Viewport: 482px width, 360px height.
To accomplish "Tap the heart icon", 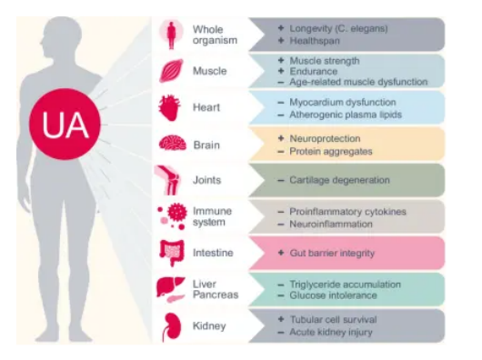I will click(x=172, y=107).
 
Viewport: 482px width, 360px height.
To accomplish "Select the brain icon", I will click(x=172, y=144).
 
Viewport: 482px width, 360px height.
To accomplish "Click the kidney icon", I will click(x=171, y=325).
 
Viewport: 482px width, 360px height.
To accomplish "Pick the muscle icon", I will click(x=172, y=71).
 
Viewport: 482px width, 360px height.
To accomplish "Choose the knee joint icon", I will click(x=172, y=180).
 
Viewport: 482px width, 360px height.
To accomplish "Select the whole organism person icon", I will click(x=172, y=35).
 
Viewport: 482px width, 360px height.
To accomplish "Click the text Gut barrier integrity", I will click(x=332, y=253).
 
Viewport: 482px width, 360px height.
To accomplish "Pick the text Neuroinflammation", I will click(x=330, y=223).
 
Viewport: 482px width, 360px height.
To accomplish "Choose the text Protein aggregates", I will click(x=330, y=150).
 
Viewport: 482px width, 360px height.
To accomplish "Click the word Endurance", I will click(x=315, y=71).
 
